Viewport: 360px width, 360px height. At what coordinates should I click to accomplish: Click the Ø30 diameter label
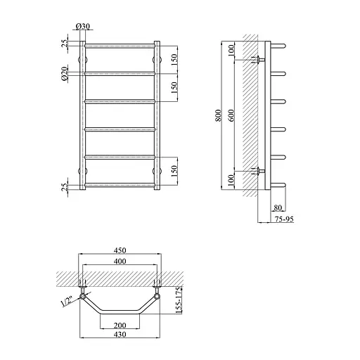click(x=83, y=27)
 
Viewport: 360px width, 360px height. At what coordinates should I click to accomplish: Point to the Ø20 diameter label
click(x=65, y=74)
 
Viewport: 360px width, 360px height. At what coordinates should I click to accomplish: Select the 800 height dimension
click(x=218, y=115)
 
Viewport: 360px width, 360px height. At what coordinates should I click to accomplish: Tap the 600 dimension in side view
click(x=231, y=115)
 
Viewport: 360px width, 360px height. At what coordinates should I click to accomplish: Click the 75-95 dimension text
click(x=284, y=219)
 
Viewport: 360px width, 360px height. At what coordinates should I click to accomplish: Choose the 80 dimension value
click(x=278, y=207)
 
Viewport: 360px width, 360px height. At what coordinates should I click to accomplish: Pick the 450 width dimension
click(x=120, y=250)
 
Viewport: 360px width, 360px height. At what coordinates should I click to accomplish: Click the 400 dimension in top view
click(x=120, y=261)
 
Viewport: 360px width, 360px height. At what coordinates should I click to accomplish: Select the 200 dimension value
click(x=120, y=326)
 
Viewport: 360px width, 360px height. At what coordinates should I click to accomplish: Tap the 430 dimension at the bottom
click(x=120, y=334)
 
